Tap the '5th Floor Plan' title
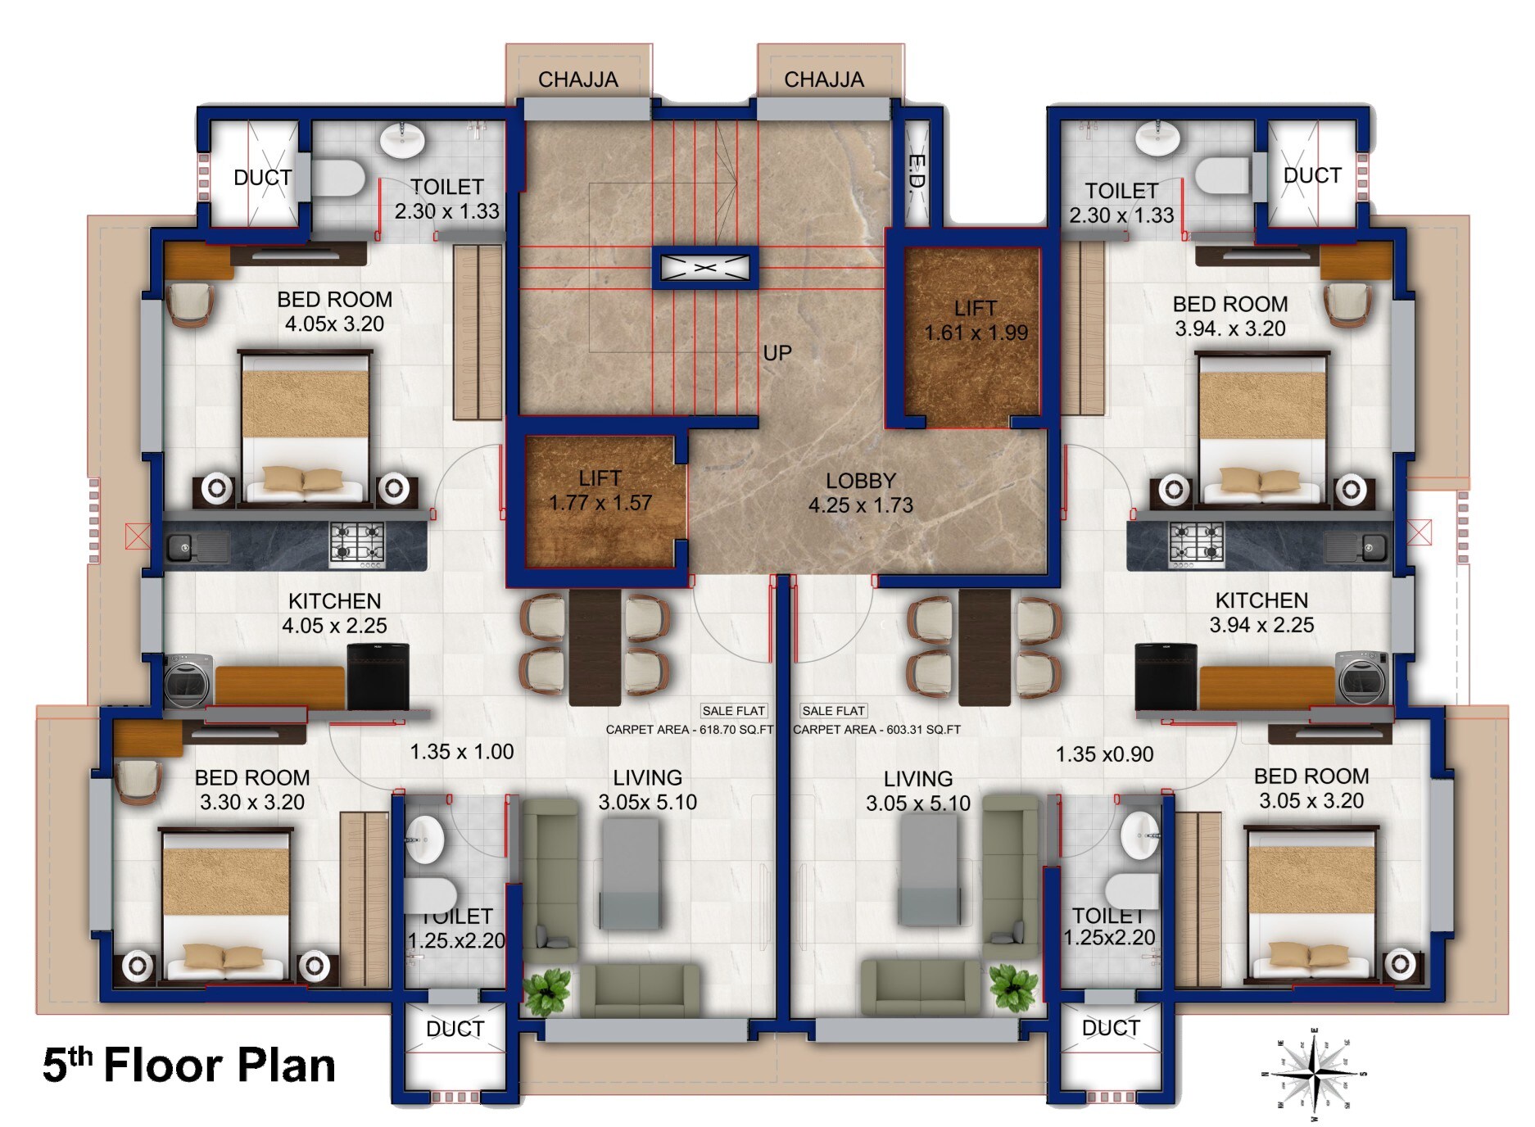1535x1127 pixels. [x=188, y=1066]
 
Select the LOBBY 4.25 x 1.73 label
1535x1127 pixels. [x=860, y=493]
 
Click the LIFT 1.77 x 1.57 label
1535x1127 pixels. [x=600, y=491]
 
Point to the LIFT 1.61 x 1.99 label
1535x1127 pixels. [x=975, y=320]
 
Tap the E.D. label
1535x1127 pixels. [x=917, y=173]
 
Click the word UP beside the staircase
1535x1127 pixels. [x=777, y=353]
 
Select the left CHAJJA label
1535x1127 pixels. [x=577, y=79]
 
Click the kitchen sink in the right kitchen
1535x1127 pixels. [x=1356, y=545]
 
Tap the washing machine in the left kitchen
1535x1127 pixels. [x=188, y=679]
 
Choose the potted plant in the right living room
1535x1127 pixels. [x=1012, y=988]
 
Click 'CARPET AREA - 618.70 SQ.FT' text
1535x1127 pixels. [x=689, y=730]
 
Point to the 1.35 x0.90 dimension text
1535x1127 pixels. [x=1104, y=754]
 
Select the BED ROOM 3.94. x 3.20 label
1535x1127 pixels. [x=1229, y=316]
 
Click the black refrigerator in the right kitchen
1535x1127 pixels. [x=1166, y=677]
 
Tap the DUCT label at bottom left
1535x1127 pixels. [x=455, y=1029]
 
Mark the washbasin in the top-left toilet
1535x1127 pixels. [x=402, y=139]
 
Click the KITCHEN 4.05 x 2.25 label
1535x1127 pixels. [x=334, y=613]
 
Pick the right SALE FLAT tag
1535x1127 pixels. [x=833, y=711]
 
